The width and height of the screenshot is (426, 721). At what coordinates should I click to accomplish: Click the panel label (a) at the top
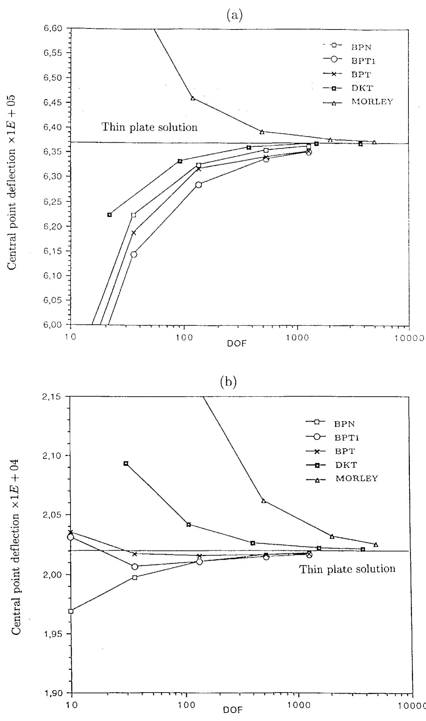[x=234, y=16]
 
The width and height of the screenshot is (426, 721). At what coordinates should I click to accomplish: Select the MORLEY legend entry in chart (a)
[x=372, y=102]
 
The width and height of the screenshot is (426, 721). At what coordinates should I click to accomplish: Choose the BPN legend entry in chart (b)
[x=345, y=424]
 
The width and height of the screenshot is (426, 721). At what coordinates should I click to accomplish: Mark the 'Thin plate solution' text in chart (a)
[x=149, y=127]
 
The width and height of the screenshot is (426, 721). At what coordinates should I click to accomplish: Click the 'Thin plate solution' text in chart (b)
[x=347, y=568]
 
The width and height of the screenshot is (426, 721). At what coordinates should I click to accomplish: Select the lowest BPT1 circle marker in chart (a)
[x=134, y=254]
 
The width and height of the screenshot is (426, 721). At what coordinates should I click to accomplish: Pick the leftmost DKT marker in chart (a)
[x=109, y=215]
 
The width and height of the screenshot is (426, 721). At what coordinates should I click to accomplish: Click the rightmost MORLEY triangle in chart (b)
[x=376, y=545]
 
